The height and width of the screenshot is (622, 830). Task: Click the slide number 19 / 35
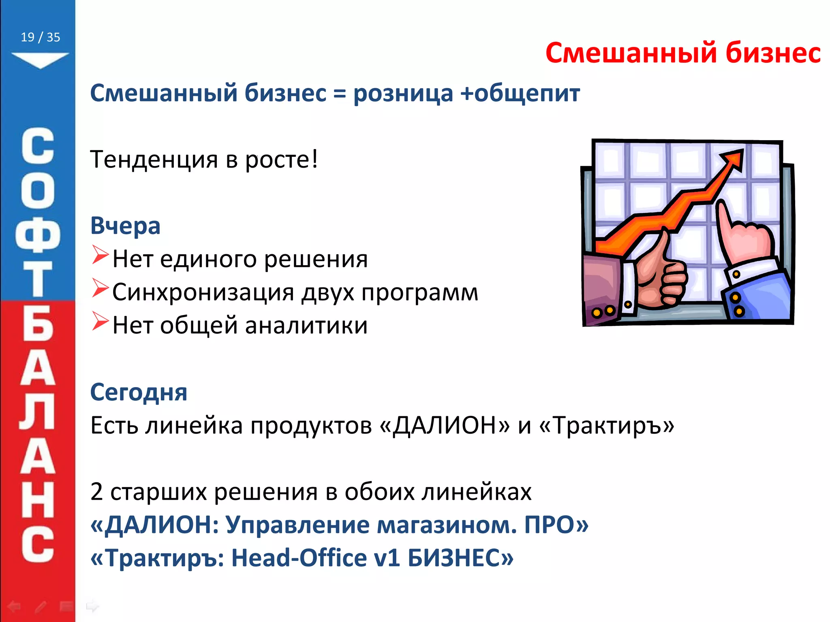[x=40, y=37]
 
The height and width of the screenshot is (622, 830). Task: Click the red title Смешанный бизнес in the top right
[x=682, y=53]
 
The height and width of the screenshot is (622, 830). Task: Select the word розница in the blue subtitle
[x=403, y=94]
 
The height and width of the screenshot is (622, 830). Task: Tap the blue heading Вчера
[x=125, y=226]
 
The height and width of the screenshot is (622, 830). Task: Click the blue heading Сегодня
[x=139, y=392]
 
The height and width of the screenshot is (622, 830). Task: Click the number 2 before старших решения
[x=96, y=492]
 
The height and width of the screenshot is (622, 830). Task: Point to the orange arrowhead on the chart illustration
[x=733, y=159]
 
